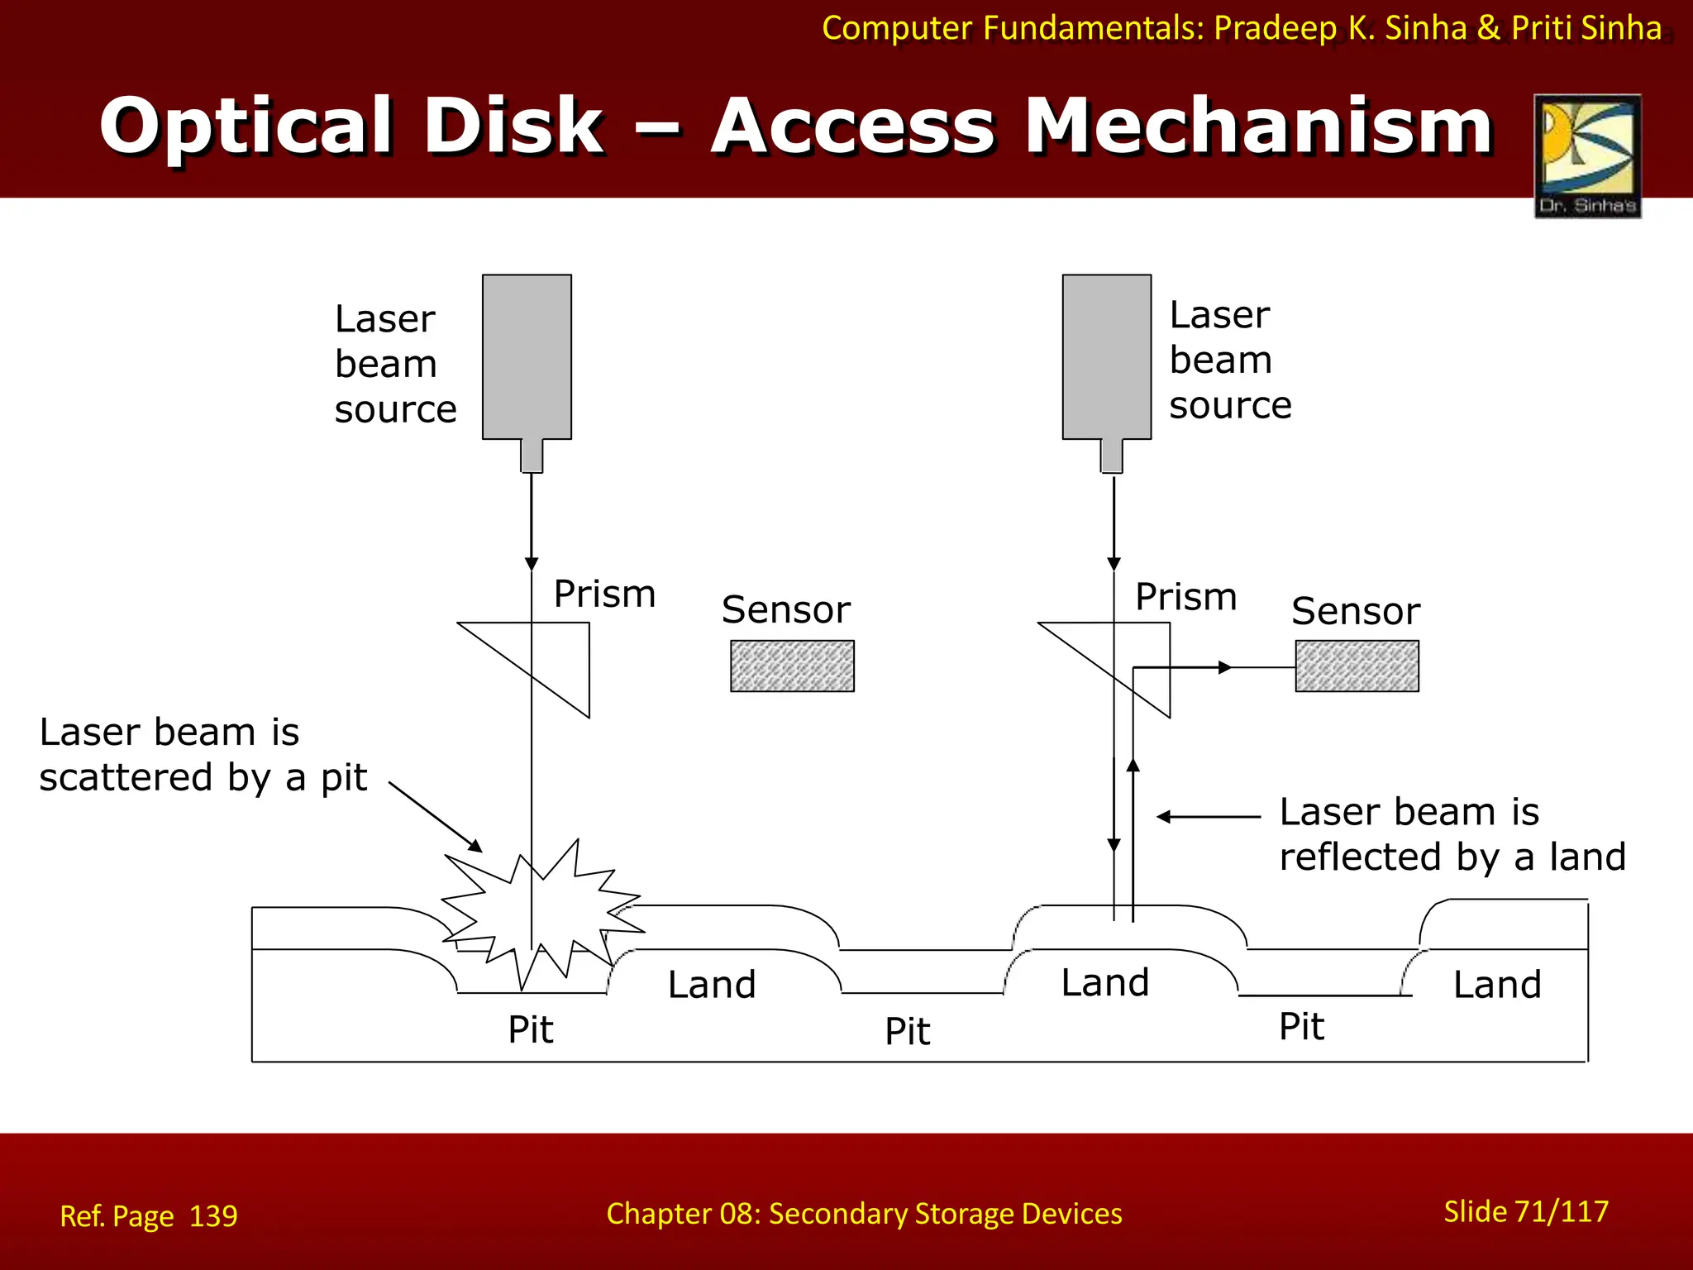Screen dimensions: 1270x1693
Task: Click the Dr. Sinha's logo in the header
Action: click(1587, 155)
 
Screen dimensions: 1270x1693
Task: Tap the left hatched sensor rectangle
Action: click(792, 666)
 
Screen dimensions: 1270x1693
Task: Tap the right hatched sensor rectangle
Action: click(1357, 666)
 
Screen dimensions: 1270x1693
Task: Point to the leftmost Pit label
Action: click(530, 1029)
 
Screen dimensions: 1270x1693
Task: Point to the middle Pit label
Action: click(907, 1031)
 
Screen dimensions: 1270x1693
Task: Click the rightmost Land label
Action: click(1497, 985)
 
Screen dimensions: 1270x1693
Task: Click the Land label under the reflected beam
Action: click(1105, 983)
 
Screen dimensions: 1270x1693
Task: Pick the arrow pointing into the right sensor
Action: click(1223, 667)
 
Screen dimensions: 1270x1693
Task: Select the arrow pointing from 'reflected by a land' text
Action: click(1207, 817)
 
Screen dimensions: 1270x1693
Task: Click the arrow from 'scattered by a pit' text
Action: click(436, 817)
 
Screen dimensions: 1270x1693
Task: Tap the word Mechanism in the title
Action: click(1258, 126)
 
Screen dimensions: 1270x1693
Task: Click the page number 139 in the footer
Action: click(213, 1216)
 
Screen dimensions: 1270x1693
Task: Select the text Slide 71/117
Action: click(1525, 1211)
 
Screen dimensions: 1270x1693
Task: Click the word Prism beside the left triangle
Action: click(604, 594)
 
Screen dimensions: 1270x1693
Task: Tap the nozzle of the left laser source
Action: click(532, 456)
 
